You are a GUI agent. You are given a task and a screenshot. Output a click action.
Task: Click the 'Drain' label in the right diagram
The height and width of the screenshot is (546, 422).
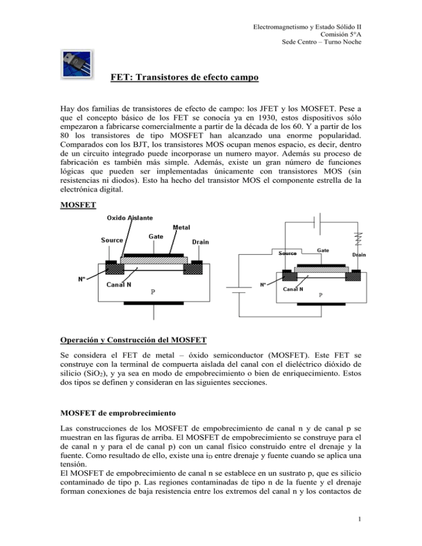click(359, 255)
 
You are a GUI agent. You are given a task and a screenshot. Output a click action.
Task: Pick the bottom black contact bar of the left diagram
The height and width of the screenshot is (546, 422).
click(153, 303)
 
